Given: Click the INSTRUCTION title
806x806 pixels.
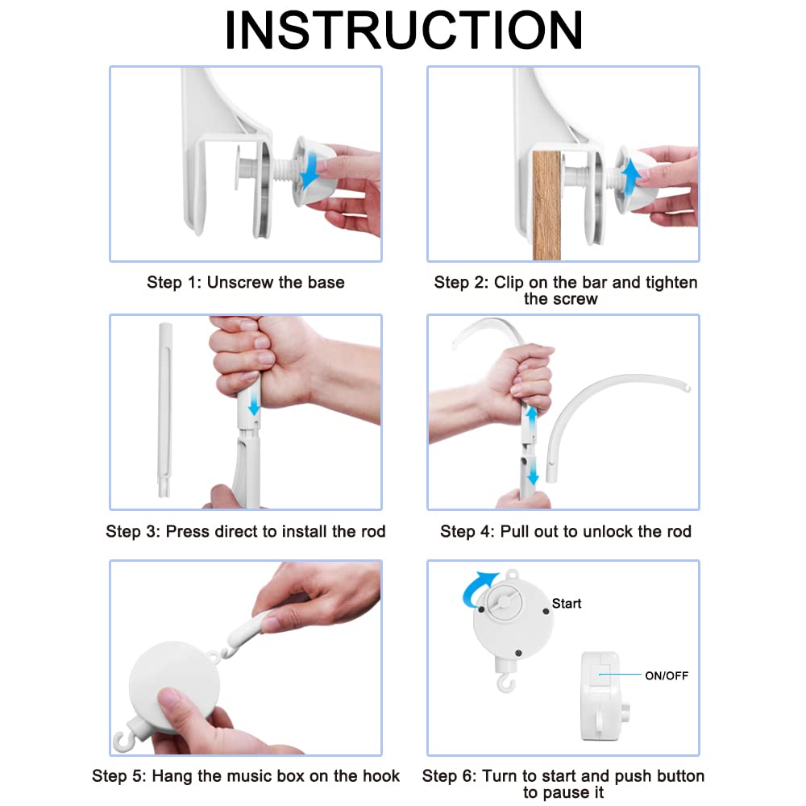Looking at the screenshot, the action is coord(404,30).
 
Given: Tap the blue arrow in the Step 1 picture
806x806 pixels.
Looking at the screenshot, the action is coord(311,172).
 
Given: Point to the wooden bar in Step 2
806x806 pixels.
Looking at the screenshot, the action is coord(546,206).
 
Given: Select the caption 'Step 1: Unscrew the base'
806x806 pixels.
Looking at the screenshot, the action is coord(246,282).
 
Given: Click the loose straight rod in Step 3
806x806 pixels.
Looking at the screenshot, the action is coord(164,409).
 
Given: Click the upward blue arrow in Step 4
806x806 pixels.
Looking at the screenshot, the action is coord(532,420).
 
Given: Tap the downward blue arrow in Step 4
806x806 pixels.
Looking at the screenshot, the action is coord(533,472).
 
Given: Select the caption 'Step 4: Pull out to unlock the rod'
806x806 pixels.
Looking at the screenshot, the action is coord(566,531).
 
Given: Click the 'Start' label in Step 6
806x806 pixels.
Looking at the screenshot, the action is coord(567,604).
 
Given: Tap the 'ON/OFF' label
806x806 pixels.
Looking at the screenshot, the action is coord(667,676).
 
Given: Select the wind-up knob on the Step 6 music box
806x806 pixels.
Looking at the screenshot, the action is coord(505,601).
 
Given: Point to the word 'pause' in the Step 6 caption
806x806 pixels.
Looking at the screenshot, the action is coord(563,792).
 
